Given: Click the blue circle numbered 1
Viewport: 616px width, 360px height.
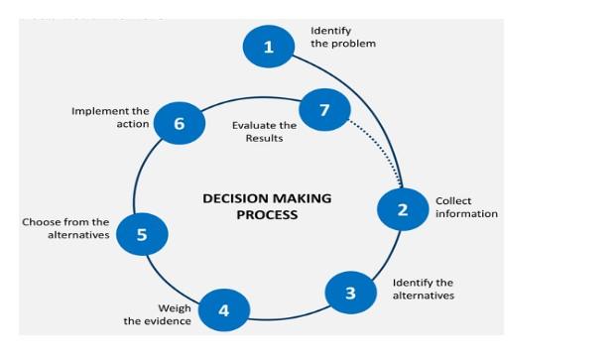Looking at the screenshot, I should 268,46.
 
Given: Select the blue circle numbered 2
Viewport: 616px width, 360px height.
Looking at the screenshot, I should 403,208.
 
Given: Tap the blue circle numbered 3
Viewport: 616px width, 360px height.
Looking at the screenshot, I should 350,293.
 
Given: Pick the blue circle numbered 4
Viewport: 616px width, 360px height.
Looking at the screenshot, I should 223,310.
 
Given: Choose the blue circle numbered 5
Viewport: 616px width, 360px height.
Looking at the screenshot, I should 142,234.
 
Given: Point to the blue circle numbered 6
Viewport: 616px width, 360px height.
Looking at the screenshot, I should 180,124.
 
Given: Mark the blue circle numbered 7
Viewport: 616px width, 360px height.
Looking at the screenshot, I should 323,109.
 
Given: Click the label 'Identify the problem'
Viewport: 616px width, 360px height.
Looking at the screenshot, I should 343,38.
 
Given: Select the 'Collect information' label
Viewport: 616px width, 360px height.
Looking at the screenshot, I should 466,207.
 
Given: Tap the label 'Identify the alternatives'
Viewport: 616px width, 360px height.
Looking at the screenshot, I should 423,289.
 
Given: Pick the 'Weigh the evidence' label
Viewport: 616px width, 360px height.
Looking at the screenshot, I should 158,314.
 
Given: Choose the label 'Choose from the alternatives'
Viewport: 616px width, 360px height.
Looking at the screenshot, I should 65,229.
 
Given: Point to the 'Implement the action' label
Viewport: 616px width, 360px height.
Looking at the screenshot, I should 110,117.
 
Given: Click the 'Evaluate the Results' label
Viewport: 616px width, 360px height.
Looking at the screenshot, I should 264,132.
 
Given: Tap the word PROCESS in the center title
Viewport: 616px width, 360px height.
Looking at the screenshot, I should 267,214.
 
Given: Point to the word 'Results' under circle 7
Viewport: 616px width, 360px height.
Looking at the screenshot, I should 264,139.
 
